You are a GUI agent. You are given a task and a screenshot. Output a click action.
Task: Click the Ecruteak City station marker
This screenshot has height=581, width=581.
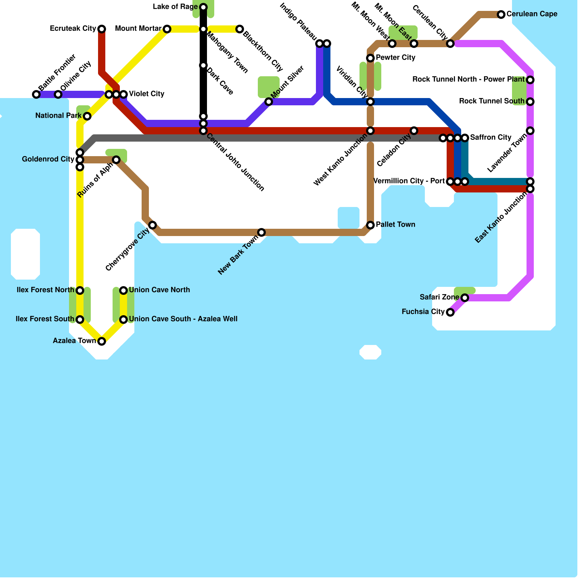[102, 29]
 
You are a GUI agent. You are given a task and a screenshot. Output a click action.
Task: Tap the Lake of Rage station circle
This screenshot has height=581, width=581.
[203, 7]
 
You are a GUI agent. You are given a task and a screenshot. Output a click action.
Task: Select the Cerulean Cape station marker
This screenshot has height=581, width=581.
[501, 15]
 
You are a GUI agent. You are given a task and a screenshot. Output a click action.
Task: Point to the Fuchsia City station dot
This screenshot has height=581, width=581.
[450, 312]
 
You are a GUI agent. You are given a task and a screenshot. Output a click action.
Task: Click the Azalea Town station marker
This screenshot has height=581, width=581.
[102, 341]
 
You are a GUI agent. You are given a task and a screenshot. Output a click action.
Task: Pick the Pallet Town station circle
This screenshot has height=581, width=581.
[370, 225]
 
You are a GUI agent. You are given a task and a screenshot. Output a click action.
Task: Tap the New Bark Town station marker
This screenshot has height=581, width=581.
[261, 232]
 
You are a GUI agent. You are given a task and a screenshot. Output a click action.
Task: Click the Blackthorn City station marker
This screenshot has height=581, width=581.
[240, 29]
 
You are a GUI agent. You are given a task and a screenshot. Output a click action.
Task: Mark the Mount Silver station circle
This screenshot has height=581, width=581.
[269, 102]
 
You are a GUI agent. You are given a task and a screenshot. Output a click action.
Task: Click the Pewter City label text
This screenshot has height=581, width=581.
[395, 58]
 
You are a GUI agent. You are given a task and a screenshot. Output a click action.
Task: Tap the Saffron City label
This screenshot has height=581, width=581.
[491, 138]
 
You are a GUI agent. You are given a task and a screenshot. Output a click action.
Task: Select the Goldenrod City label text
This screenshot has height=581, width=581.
[48, 159]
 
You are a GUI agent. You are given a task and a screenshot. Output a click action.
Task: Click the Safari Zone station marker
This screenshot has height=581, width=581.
[465, 298]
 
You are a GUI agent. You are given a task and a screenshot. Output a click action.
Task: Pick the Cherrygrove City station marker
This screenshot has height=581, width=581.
[153, 225]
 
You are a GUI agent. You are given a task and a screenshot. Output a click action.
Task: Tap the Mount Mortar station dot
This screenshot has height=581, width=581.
[167, 29]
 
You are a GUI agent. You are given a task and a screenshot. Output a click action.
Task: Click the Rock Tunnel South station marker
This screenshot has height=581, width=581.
[530, 102]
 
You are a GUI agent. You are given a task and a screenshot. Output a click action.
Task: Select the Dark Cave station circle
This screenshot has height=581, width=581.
[203, 65]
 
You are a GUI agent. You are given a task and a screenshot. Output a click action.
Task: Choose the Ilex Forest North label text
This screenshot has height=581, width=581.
[45, 290]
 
